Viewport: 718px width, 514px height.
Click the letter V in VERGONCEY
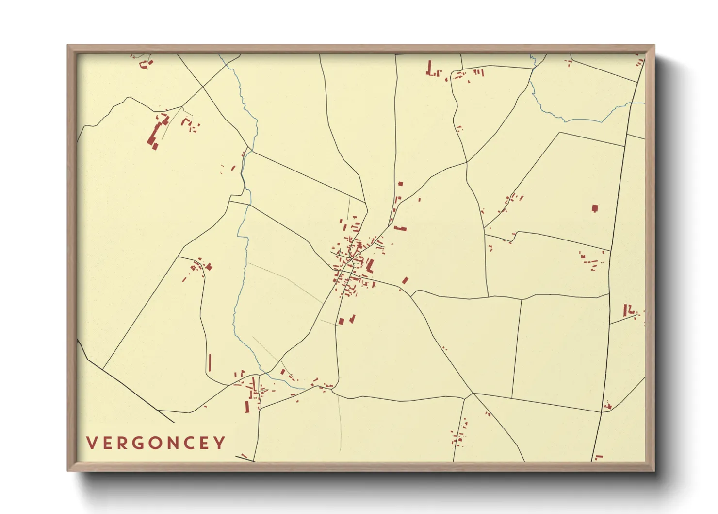(91, 443)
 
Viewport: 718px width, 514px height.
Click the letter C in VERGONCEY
(190, 443)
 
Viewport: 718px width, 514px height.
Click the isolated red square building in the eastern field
(595, 208)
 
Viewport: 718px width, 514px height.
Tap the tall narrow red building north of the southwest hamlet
(210, 362)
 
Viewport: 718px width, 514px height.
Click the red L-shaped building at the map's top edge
(429, 69)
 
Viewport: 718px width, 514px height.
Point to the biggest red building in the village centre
(370, 266)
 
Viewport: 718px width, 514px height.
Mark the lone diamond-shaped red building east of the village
(405, 280)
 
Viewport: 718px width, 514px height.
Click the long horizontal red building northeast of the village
(400, 228)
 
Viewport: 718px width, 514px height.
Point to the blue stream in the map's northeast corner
(572, 118)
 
